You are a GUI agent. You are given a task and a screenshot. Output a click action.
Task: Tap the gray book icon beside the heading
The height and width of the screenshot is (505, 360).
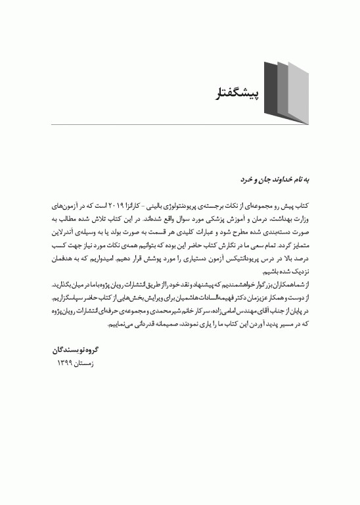285,94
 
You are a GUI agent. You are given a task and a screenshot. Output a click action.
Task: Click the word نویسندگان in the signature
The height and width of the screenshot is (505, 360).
66,351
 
